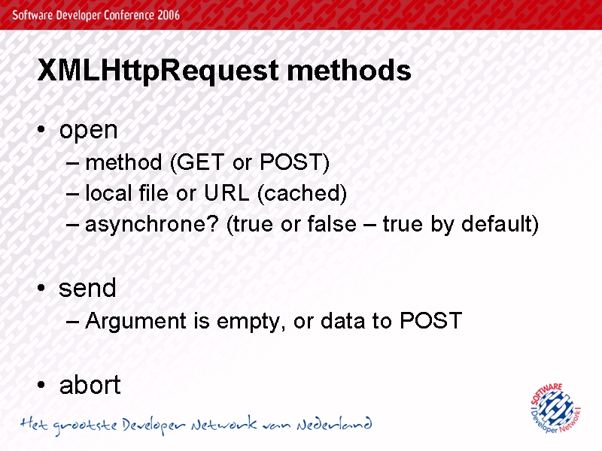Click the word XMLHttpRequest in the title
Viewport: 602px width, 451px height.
click(158, 71)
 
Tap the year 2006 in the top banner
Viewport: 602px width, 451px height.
click(168, 15)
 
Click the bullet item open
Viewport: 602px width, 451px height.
click(88, 131)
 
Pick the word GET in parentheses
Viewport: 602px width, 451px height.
click(199, 162)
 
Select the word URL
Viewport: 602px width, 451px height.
click(227, 192)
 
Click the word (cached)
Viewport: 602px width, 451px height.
click(303, 193)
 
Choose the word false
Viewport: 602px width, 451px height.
click(332, 224)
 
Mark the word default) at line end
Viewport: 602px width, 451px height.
click(500, 224)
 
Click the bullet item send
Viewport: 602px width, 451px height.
click(87, 288)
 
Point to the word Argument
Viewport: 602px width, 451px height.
click(136, 322)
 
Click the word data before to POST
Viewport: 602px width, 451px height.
click(342, 321)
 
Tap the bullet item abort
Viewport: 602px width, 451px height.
click(90, 385)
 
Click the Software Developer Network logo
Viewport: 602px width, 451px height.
click(555, 408)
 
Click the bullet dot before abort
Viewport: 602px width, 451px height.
click(41, 385)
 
